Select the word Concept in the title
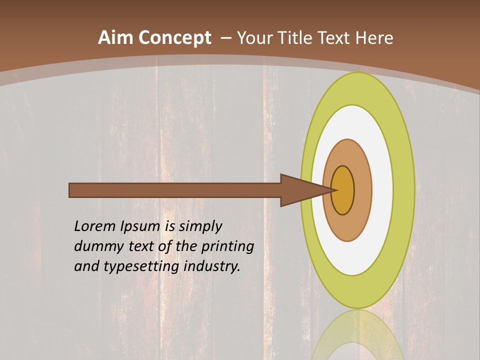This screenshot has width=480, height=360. point(175,38)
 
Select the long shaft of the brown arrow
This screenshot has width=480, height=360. point(175,190)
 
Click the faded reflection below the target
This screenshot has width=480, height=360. point(358,335)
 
